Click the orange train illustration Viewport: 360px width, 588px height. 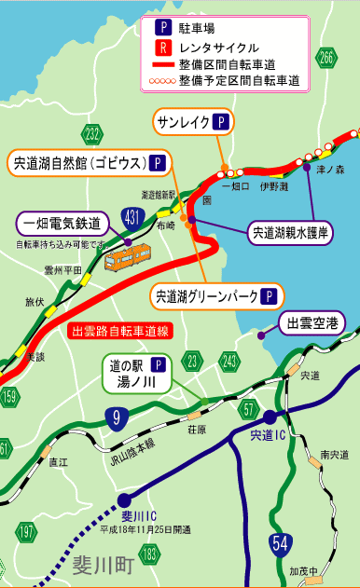[x=128, y=253]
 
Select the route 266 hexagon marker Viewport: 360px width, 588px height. [x=325, y=58]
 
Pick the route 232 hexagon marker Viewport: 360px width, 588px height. [x=91, y=135]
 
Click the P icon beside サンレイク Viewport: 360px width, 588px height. [x=220, y=122]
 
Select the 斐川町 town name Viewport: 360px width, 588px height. [x=101, y=565]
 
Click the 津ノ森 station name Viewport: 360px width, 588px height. [x=331, y=170]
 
